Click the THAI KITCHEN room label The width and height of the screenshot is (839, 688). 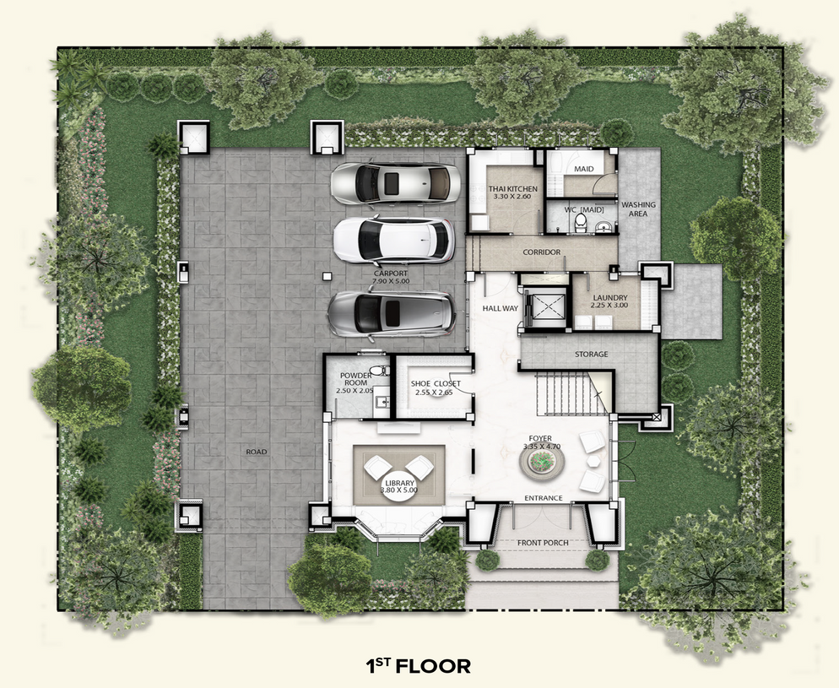pyautogui.click(x=512, y=189)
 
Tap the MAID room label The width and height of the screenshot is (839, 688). pyautogui.click(x=584, y=169)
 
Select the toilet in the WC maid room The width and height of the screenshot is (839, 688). pyautogui.click(x=580, y=223)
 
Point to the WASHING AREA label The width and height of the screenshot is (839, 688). pyautogui.click(x=638, y=209)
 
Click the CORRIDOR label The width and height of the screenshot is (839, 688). pyautogui.click(x=542, y=252)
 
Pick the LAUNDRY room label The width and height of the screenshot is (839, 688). pyautogui.click(x=610, y=298)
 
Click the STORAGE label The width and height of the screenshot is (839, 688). pyautogui.click(x=591, y=355)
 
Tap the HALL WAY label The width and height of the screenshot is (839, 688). pyautogui.click(x=501, y=308)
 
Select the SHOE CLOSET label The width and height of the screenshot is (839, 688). pyautogui.click(x=435, y=383)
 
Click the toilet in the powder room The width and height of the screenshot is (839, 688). pyautogui.click(x=379, y=371)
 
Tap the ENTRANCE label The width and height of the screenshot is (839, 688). pyautogui.click(x=543, y=498)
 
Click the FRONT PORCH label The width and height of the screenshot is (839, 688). pyautogui.click(x=543, y=543)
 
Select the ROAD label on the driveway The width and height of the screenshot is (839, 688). pyautogui.click(x=257, y=452)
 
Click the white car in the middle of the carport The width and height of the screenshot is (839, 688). pyautogui.click(x=394, y=241)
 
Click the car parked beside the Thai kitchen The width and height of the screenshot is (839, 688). pyautogui.click(x=395, y=183)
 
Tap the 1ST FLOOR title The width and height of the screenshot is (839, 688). pyautogui.click(x=419, y=666)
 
